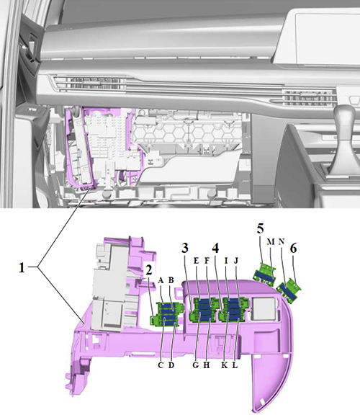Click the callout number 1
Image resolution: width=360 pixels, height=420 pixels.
pyautogui.click(x=22, y=267)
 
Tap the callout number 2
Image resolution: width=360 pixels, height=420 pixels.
pyautogui.click(x=149, y=269)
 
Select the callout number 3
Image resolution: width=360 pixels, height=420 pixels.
pyautogui.click(x=185, y=249)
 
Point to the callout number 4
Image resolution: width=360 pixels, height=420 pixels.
pyautogui.click(x=215, y=249)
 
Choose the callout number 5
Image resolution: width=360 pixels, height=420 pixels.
pyautogui.click(x=260, y=228)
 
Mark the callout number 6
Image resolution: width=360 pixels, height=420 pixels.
pyautogui.click(x=293, y=249)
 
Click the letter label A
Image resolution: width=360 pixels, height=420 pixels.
pyautogui.click(x=161, y=280)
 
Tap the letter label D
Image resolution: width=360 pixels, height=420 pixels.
pyautogui.click(x=171, y=365)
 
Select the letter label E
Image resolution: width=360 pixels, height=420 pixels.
pyautogui.click(x=196, y=261)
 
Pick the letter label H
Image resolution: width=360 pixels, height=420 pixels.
pyautogui.click(x=207, y=365)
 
